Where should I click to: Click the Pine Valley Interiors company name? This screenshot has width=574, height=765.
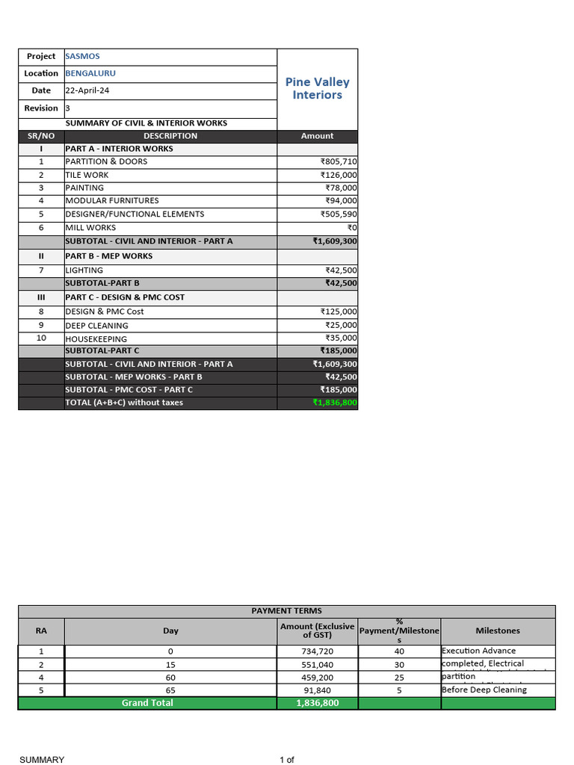(x=317, y=88)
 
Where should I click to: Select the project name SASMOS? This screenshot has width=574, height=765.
(x=82, y=56)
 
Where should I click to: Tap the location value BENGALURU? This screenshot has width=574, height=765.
(x=90, y=73)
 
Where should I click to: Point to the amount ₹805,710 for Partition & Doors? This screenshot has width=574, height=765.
(x=339, y=161)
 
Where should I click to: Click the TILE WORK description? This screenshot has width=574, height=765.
(x=87, y=175)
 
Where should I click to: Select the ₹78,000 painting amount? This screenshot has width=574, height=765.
(x=341, y=188)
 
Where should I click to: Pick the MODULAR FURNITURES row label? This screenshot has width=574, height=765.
(x=112, y=200)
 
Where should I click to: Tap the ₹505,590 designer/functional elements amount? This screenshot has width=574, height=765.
(x=339, y=214)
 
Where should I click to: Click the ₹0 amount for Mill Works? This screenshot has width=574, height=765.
(x=352, y=227)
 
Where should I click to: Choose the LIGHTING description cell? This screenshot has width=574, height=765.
(x=85, y=270)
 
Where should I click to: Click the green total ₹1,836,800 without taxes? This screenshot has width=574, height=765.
(x=335, y=403)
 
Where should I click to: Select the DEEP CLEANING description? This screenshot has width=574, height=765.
(x=96, y=326)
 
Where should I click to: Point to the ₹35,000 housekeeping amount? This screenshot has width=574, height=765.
(x=341, y=338)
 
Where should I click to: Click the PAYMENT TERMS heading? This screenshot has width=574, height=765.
(x=286, y=611)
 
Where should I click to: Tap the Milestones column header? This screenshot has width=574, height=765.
(x=498, y=631)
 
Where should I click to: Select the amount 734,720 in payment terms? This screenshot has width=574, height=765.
(x=317, y=651)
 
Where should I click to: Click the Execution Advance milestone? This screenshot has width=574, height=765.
(x=478, y=651)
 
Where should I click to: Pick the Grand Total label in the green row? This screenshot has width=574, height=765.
(x=147, y=703)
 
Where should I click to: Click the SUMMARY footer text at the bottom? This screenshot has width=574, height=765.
(x=42, y=760)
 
